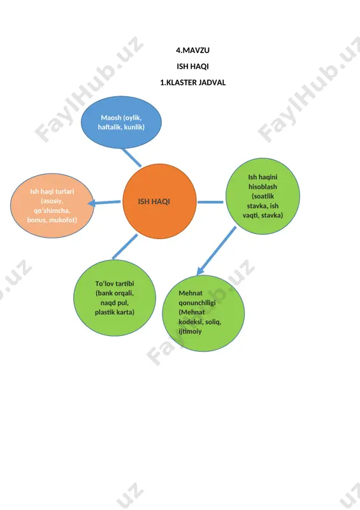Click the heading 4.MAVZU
(192, 50)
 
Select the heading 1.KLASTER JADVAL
(192, 83)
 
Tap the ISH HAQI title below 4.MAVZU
(192, 66)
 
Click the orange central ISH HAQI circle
(159, 201)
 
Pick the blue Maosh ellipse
(121, 122)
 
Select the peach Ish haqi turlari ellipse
(52, 205)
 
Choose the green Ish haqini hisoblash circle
(263, 196)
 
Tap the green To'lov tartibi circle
(115, 298)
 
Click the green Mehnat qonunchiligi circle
(203, 313)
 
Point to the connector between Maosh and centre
(131, 157)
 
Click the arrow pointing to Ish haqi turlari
(104, 203)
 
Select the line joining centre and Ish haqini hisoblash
(210, 202)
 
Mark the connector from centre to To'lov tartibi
(125, 247)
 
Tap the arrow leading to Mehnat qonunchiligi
(216, 251)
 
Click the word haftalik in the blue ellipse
(108, 127)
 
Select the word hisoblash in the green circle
(263, 187)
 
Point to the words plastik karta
(115, 312)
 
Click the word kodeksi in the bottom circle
(190, 322)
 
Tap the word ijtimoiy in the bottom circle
(191, 331)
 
